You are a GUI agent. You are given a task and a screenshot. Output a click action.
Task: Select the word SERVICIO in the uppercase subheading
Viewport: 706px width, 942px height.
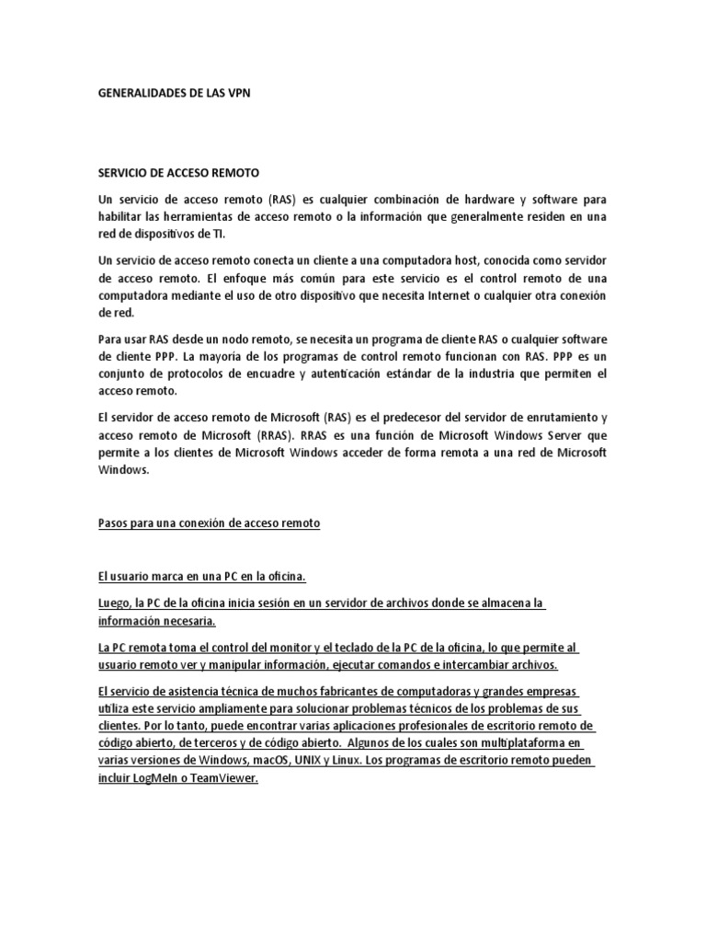point(124,173)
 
